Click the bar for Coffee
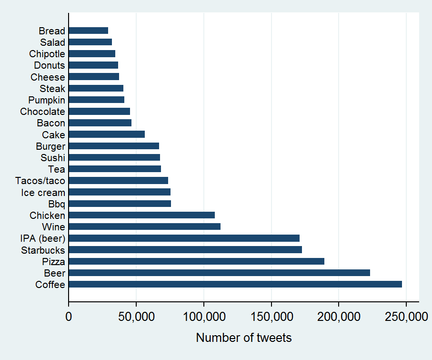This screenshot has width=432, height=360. (235, 285)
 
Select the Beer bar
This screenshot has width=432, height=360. (219, 273)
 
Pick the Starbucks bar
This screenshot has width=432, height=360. (185, 250)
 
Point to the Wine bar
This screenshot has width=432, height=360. (144, 226)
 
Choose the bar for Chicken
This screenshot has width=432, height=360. (141, 216)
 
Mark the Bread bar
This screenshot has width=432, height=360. (88, 31)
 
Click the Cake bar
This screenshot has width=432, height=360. (107, 134)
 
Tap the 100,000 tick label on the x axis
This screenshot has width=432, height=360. (204, 316)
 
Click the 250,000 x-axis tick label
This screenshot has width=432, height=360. (406, 316)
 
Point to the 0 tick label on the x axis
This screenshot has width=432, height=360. (69, 316)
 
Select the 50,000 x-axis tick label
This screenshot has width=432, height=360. (136, 316)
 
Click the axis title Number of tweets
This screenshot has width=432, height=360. (243, 338)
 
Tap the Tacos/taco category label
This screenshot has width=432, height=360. (40, 181)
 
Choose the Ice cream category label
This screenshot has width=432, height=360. (43, 192)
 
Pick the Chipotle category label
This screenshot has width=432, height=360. (47, 54)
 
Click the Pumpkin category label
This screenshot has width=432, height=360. (47, 100)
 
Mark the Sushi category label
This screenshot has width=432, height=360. (53, 158)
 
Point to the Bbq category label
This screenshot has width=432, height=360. (57, 204)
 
